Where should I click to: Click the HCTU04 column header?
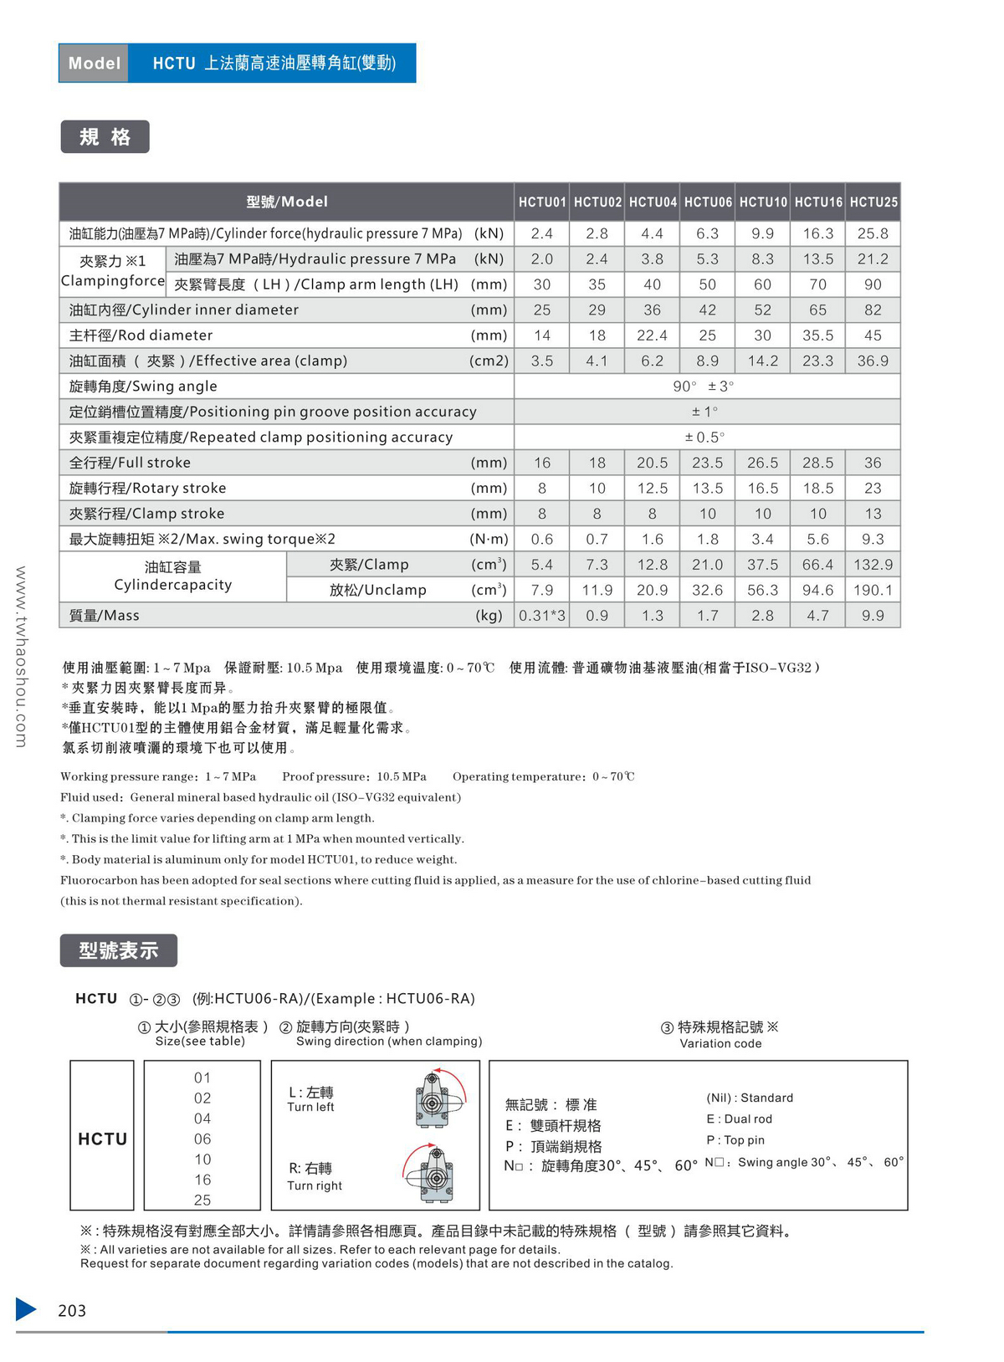653,202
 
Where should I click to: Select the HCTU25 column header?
873,202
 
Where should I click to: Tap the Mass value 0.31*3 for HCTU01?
542,616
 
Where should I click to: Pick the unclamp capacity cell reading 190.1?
873,590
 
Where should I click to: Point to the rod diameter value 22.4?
653,335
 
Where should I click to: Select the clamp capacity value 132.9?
873,565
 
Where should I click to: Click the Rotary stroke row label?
148,488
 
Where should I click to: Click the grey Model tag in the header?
94,64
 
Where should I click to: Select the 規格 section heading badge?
105,137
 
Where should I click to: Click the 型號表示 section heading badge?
119,950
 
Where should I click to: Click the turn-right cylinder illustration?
433,1174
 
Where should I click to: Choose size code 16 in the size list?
202,1180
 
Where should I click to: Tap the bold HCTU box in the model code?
102,1139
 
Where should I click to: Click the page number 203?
72,1310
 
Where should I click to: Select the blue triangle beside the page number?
26,1309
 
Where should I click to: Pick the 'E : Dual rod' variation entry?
740,1119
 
